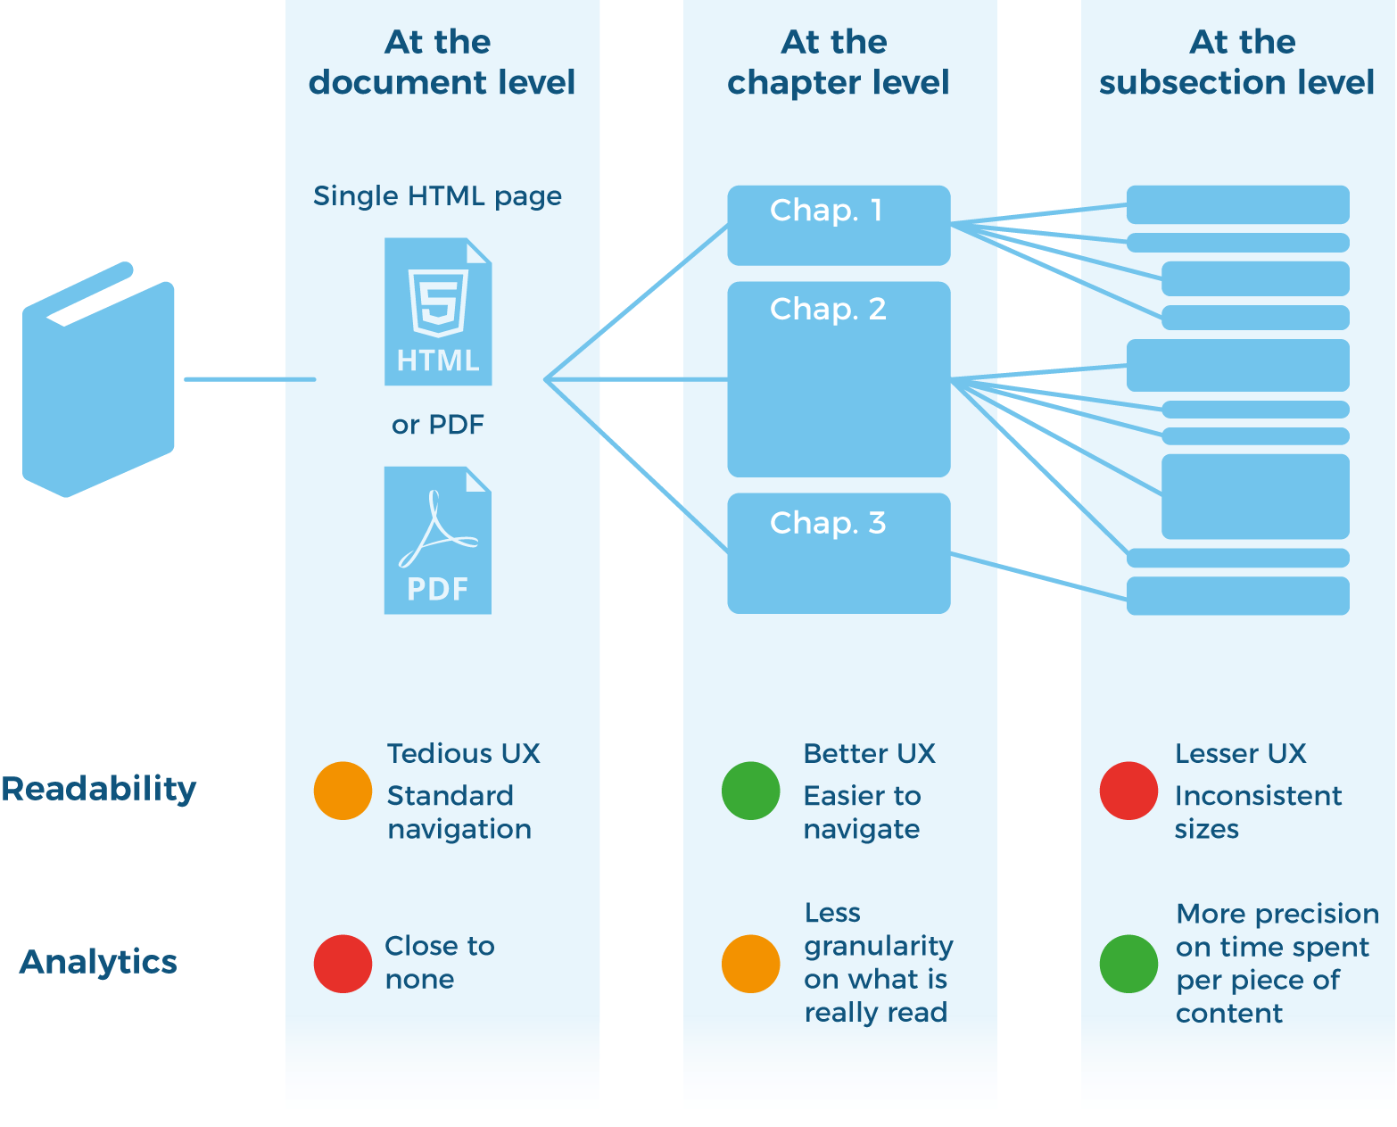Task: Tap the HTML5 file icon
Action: tap(437, 311)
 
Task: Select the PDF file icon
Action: tap(437, 541)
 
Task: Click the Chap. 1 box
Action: tap(839, 225)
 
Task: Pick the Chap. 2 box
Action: tap(839, 379)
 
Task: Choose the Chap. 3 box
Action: tap(839, 553)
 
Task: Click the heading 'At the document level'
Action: tap(441, 62)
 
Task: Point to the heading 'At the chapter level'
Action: tap(838, 62)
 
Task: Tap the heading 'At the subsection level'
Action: tap(1236, 62)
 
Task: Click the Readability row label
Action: tap(98, 789)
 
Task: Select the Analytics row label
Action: tap(98, 962)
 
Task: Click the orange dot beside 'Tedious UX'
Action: tap(343, 791)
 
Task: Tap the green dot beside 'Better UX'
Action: tap(750, 791)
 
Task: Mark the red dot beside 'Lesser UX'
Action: tap(1128, 791)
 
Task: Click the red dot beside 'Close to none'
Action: tap(343, 964)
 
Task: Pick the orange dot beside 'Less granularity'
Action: tap(750, 964)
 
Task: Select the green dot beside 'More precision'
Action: tap(1128, 964)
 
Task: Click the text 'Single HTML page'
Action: tap(437, 196)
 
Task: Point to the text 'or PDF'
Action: tap(437, 425)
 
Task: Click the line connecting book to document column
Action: tap(250, 379)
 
